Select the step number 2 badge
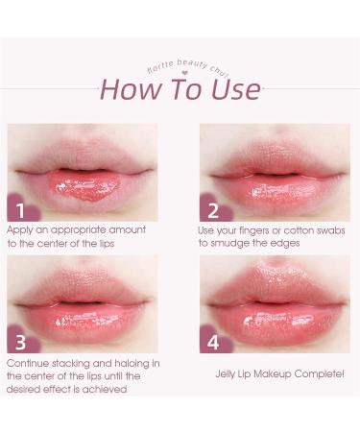(212, 209)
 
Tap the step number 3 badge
(18, 341)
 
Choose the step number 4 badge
(212, 341)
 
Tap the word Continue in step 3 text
(29, 363)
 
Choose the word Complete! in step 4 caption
(319, 373)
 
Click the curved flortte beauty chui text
(187, 65)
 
